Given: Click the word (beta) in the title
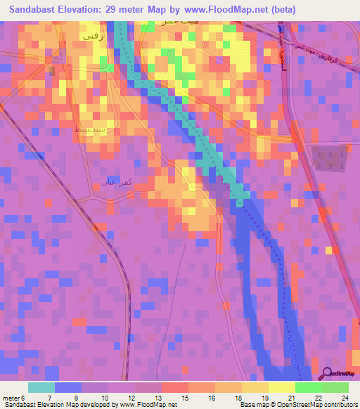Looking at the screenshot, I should click(x=279, y=10).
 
